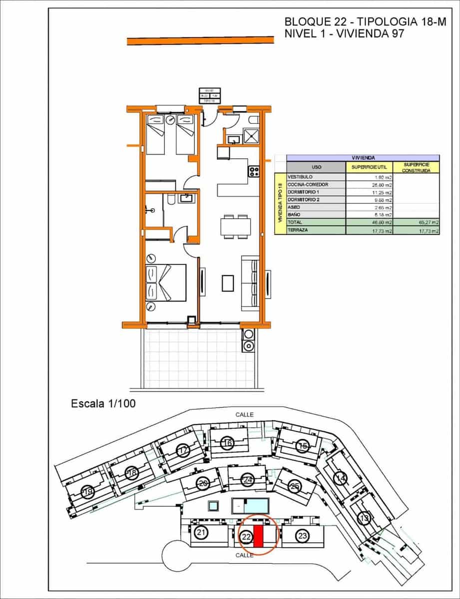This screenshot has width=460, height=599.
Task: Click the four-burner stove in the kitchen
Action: (254, 171)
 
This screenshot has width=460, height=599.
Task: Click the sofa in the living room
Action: (250, 284)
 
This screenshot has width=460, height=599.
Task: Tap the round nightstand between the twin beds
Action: (170, 119)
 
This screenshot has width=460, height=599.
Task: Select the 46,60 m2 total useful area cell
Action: (370, 222)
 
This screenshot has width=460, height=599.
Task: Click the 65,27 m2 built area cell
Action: (416, 222)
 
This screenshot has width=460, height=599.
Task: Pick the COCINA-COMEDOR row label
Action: (308, 184)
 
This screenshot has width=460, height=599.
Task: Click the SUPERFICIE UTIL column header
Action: (370, 167)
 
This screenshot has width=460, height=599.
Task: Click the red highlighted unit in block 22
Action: (259, 537)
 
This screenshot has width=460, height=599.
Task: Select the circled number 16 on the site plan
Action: (227, 443)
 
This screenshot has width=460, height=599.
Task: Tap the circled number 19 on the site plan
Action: (88, 493)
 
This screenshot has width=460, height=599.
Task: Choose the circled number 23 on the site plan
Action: (302, 536)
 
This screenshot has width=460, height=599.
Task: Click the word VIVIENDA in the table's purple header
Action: (363, 157)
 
